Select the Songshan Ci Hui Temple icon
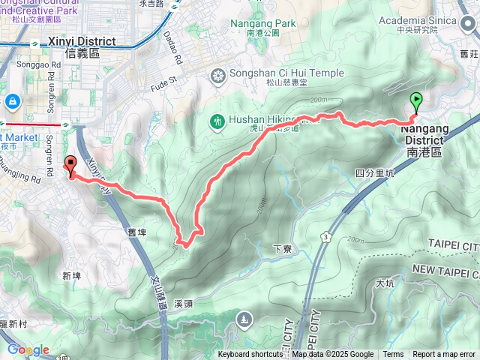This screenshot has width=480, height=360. click(x=218, y=75)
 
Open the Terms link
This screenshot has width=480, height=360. click(x=393, y=355)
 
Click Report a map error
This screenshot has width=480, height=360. click(x=444, y=355)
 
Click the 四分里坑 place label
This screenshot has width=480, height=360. click(x=374, y=173)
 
